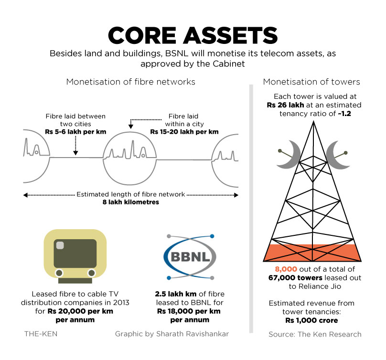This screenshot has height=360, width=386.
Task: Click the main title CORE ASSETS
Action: point(193,35)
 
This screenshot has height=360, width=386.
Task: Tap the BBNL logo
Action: point(190,256)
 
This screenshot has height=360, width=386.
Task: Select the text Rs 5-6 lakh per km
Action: point(75,131)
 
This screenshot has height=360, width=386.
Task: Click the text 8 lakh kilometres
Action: point(131,202)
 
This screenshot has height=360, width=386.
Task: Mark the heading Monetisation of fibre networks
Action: point(131,82)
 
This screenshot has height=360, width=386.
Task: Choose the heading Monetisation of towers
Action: point(311,82)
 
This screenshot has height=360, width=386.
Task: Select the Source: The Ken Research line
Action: point(315,334)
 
